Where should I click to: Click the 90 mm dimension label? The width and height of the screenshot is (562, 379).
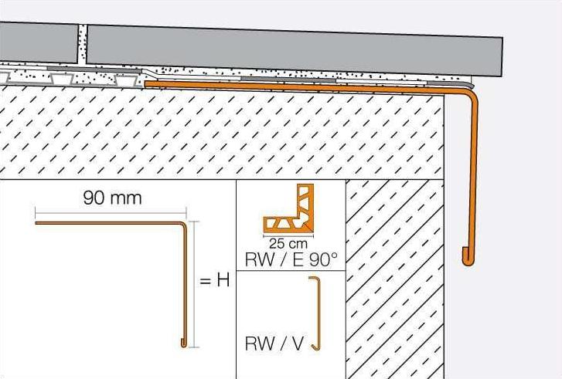pos(112,198)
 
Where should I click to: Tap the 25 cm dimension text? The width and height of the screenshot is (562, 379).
pos(288,244)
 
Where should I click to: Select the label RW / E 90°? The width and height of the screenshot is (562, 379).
pos(291,260)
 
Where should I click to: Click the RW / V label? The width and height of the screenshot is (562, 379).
pos(274,343)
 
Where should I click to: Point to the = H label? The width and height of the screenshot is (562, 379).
pos(215,280)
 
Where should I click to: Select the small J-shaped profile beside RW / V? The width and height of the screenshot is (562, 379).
pos(315,313)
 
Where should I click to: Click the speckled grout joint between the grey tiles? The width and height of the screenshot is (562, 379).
pos(82,44)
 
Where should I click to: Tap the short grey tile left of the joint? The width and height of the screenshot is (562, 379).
pos(39,42)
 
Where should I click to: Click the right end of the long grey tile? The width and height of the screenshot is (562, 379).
pos(501,56)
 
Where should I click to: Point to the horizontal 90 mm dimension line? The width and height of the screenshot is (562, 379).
pos(111,212)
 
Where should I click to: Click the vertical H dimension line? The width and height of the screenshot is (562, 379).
pos(194,285)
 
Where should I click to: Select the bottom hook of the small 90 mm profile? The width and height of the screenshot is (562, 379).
pos(183,344)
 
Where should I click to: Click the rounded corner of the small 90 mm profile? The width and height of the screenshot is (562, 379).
pos(183,225)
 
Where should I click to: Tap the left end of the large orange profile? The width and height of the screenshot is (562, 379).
pos(146,84)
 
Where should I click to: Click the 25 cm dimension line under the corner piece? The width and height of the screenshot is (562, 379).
pos(288,236)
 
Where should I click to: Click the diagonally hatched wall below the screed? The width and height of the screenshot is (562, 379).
pos(394,279)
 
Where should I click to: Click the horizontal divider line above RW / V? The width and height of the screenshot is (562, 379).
pos(291,271)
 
